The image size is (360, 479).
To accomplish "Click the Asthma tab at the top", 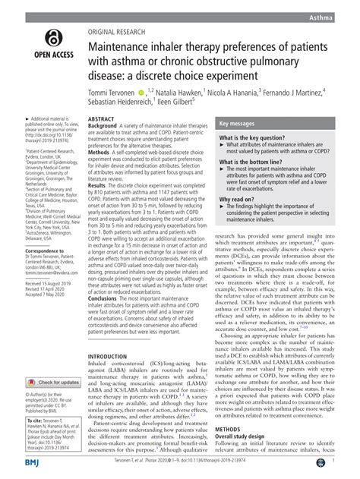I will tap(340, 16).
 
